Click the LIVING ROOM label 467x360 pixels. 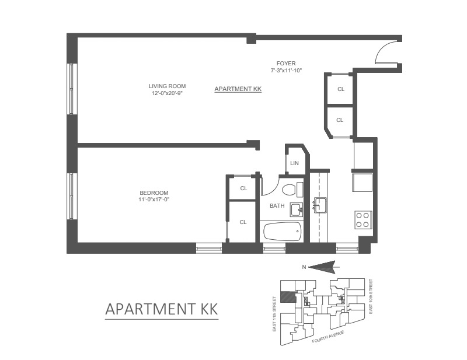click(x=167, y=86)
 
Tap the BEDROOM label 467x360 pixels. click(x=154, y=193)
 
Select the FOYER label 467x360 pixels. click(x=286, y=64)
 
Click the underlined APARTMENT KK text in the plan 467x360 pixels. click(x=238, y=89)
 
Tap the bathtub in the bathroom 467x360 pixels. click(x=282, y=232)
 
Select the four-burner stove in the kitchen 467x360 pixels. click(x=362, y=219)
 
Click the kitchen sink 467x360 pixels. click(x=319, y=204)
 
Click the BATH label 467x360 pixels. click(x=277, y=205)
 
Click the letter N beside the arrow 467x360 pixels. click(x=304, y=267)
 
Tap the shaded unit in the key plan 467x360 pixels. click(x=287, y=296)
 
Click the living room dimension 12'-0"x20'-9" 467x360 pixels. click(x=167, y=92)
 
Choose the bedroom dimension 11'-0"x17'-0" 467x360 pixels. click(x=154, y=200)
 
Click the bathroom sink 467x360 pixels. click(x=296, y=209)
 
